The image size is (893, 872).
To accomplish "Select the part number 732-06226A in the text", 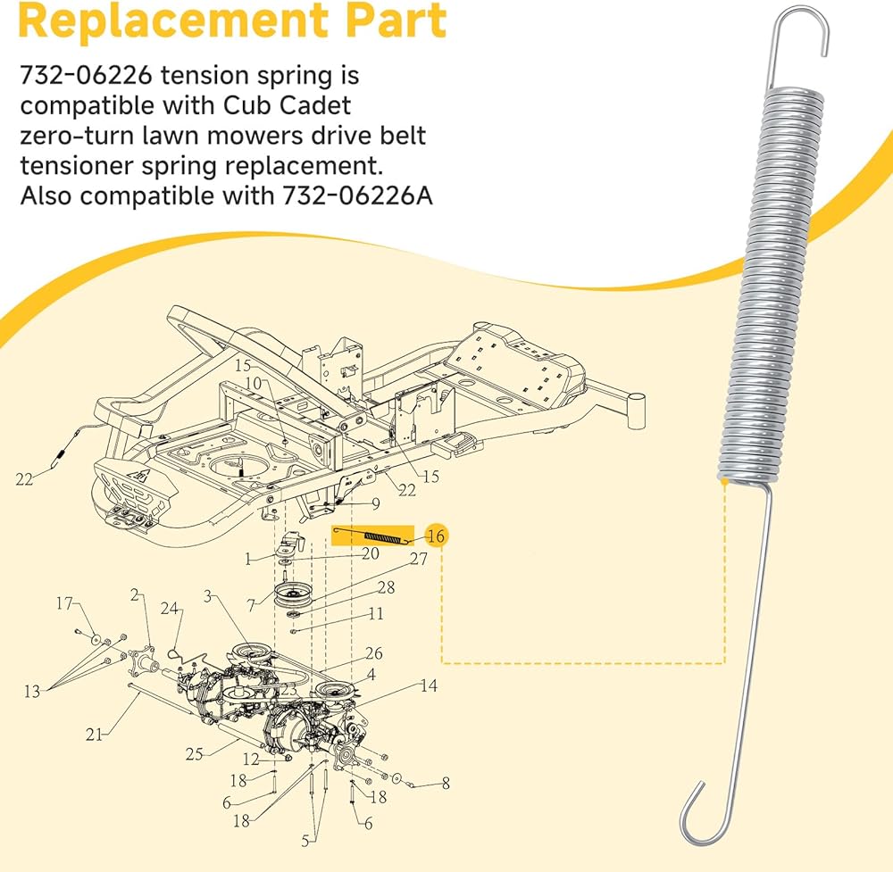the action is (358, 195).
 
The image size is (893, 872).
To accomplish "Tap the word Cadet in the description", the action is (315, 105).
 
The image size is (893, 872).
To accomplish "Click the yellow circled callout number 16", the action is (437, 536).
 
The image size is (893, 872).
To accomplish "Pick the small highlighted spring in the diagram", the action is (372, 536).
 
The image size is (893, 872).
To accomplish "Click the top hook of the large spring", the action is (800, 32).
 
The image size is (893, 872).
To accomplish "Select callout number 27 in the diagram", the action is (419, 559).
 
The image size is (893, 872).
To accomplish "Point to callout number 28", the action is (386, 586).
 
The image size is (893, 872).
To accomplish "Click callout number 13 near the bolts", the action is (32, 691).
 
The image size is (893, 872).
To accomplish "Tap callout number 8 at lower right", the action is (446, 784).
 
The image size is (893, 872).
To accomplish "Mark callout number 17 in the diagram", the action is (64, 603).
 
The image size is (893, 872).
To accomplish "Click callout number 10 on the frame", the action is (253, 384).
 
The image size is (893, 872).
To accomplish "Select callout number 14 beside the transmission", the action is (429, 685).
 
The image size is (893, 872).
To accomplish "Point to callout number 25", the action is (194, 753).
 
